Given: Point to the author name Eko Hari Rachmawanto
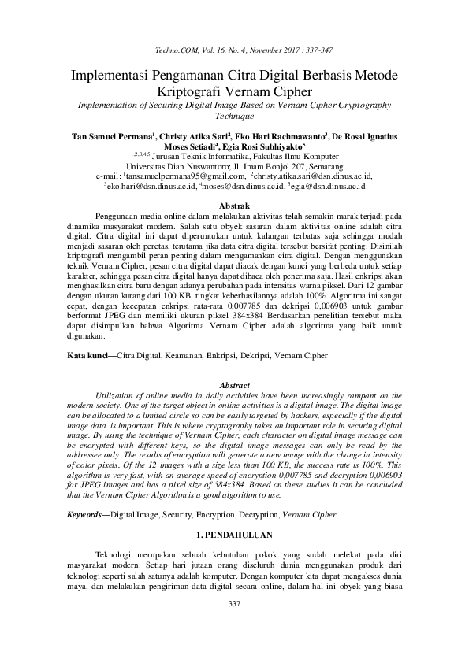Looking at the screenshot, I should pos(285,136).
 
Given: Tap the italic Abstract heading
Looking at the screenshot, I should pos(233,386).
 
